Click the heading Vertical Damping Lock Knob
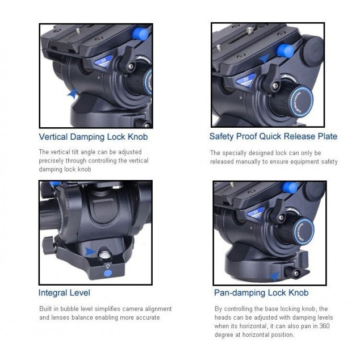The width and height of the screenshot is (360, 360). [93, 137]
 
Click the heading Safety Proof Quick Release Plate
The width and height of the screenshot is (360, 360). [273, 136]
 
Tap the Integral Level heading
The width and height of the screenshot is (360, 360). [64, 293]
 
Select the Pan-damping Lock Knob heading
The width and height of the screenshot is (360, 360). [261, 293]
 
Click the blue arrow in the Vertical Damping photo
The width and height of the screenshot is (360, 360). [73, 94]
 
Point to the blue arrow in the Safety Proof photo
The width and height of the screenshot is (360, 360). [264, 58]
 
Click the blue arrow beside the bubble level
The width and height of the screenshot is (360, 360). [90, 252]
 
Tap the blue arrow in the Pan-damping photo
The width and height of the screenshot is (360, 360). [274, 276]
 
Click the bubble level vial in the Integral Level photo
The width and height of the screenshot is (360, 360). [103, 254]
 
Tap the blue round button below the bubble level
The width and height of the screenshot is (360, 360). [108, 274]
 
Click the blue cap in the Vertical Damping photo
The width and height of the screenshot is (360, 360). [140, 34]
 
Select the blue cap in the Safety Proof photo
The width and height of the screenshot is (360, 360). [285, 51]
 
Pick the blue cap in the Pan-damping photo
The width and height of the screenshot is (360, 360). [290, 188]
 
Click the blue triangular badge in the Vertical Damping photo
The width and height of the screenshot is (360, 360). [103, 61]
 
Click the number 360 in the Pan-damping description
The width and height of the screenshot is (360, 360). [324, 326]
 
